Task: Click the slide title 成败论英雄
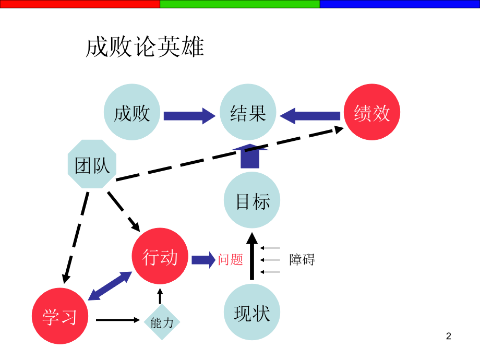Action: pyautogui.click(x=145, y=47)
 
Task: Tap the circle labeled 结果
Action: pyautogui.click(x=248, y=113)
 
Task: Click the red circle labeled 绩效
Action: pyautogui.click(x=372, y=113)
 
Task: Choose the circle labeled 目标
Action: pyautogui.click(x=252, y=201)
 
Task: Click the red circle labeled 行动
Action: pyautogui.click(x=160, y=257)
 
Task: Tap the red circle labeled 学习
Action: pyautogui.click(x=59, y=316)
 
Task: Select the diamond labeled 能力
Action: pyautogui.click(x=161, y=322)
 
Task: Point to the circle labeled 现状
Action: pyautogui.click(x=252, y=313)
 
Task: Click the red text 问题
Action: pyautogui.click(x=231, y=259)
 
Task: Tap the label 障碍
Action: pyautogui.click(x=302, y=259)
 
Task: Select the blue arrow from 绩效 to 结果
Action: pyautogui.click(x=310, y=115)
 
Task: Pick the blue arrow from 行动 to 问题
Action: pyautogui.click(x=203, y=259)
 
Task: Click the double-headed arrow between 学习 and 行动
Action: pyautogui.click(x=110, y=286)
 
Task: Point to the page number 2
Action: pyautogui.click(x=448, y=336)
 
